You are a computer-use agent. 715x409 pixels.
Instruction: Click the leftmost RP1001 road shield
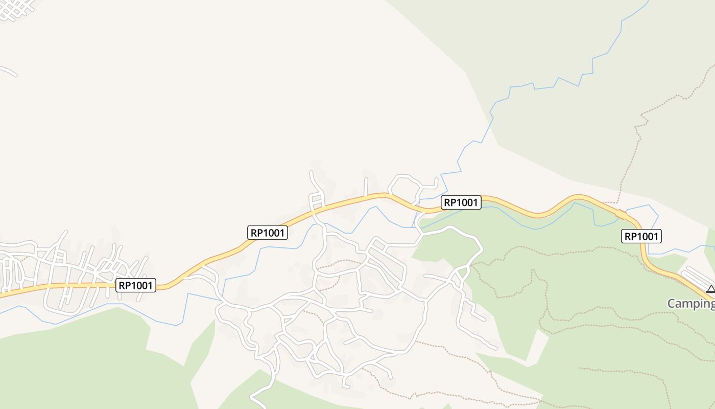click(136, 285)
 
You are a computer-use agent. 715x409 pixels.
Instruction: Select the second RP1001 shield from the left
click(268, 233)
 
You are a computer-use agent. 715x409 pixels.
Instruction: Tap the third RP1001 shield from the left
click(461, 202)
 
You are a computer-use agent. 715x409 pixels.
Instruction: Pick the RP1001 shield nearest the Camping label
click(641, 236)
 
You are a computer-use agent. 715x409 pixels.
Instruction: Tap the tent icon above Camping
click(710, 289)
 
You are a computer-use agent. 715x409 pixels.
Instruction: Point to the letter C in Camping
click(672, 303)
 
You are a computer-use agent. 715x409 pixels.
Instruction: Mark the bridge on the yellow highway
click(621, 215)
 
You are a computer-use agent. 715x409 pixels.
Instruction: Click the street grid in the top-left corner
click(18, 9)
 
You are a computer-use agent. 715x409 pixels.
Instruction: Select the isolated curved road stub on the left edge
click(8, 71)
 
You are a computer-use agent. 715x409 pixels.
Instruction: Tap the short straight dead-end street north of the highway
click(366, 187)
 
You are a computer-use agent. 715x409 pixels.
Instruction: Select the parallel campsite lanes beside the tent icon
click(697, 276)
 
